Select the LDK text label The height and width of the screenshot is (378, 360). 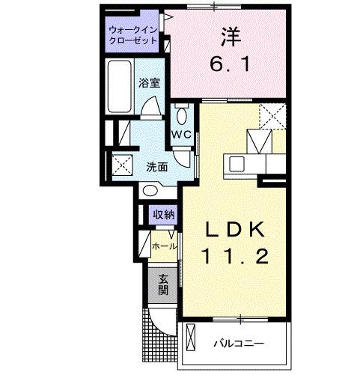(x=231, y=228)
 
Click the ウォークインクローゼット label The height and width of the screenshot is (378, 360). (x=132, y=35)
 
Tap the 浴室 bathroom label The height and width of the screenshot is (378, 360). (x=148, y=84)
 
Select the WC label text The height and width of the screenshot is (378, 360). (x=182, y=135)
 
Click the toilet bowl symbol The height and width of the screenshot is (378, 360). (x=182, y=117)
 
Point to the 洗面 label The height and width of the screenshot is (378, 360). (x=156, y=166)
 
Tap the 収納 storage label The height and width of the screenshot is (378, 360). (x=164, y=215)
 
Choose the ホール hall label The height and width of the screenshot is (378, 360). (x=164, y=246)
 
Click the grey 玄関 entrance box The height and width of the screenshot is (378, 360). (x=162, y=284)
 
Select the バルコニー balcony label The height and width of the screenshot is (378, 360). (x=237, y=345)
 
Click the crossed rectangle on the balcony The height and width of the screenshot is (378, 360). (x=190, y=341)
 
